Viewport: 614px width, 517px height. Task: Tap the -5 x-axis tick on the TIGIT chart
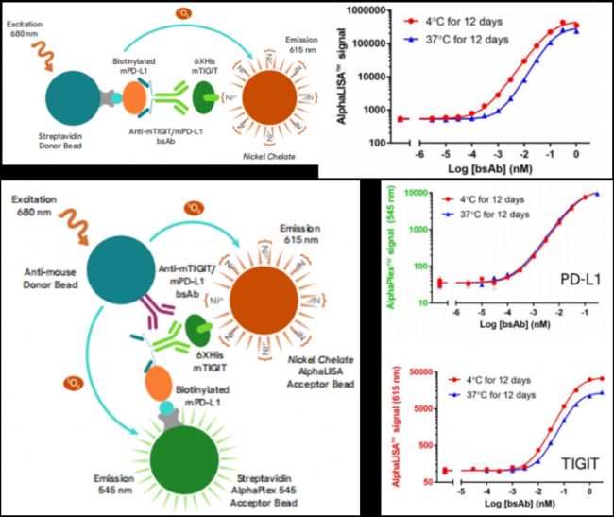click(x=460, y=491)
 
